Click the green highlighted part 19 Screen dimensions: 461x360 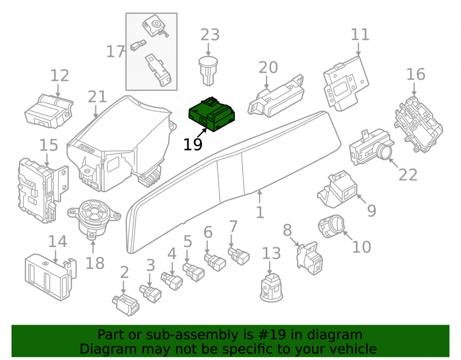coord(212,114)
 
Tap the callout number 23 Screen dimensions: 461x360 coord(210,35)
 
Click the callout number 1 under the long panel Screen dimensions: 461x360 coord(260,212)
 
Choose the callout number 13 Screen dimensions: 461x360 coord(271,254)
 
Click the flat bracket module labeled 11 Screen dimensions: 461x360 coord(346,83)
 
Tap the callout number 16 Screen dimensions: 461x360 coord(416,74)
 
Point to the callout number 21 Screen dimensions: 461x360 coord(97,97)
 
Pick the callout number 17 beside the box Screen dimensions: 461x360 coord(115,52)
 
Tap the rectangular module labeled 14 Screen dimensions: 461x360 coord(51,276)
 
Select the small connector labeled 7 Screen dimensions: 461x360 coord(239,256)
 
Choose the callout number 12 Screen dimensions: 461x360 coord(59,76)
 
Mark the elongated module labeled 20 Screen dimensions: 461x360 coord(276,96)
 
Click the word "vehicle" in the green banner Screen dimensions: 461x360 coord(356,349)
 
